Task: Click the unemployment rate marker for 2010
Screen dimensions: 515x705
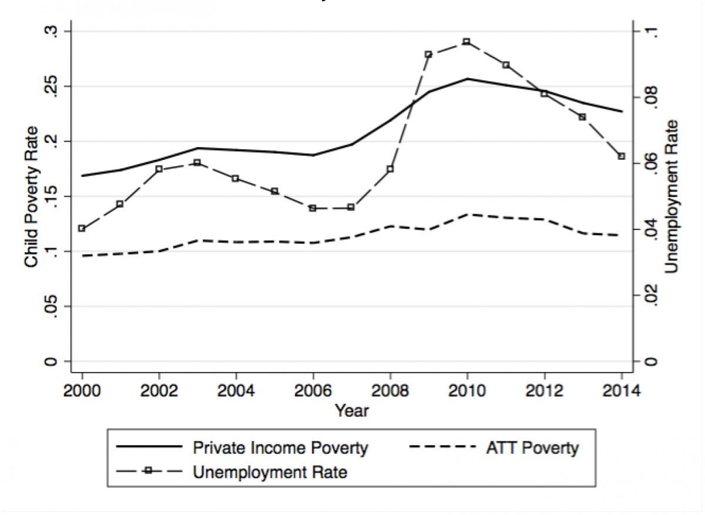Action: (x=466, y=42)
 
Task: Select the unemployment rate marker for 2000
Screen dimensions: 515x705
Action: (x=82, y=229)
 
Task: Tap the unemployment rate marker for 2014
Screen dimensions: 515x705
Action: (x=621, y=156)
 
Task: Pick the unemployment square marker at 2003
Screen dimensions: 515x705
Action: (x=197, y=162)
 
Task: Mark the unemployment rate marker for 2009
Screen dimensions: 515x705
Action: (x=428, y=54)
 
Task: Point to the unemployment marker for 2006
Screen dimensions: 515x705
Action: (x=313, y=208)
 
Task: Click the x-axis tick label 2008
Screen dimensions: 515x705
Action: (x=390, y=390)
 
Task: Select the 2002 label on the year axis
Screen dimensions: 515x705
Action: (x=159, y=390)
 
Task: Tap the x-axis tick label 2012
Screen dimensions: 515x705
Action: (x=544, y=390)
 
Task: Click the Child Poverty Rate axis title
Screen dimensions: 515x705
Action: (x=32, y=197)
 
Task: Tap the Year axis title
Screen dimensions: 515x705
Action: (x=352, y=410)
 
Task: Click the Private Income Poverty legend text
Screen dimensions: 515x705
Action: (x=281, y=448)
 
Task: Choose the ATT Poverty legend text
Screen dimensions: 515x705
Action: (x=532, y=448)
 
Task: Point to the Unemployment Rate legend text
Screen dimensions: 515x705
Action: (x=270, y=472)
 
